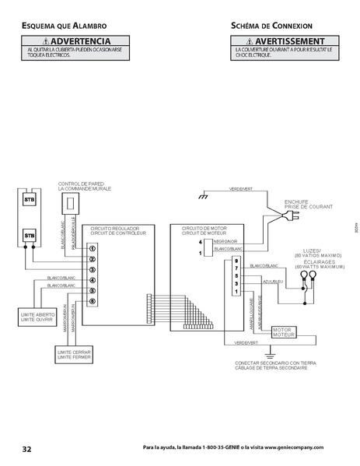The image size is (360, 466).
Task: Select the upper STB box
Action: (30, 199)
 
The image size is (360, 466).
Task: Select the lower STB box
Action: (30, 234)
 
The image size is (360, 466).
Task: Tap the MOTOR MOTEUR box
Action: (281, 332)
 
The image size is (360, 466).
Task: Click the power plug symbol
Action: (292, 219)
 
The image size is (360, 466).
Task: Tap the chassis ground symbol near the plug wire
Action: (202, 197)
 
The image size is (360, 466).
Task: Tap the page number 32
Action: (27, 450)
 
